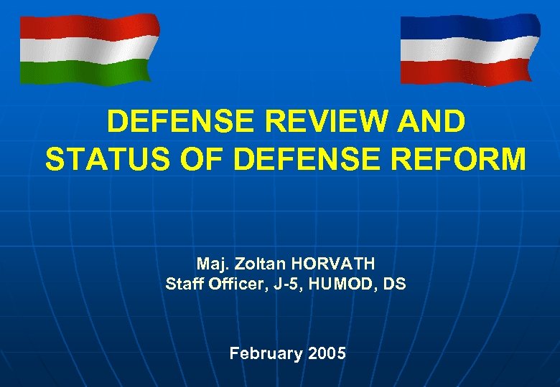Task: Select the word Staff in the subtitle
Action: click(x=185, y=284)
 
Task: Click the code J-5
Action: click(x=285, y=284)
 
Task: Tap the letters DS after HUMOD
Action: click(x=394, y=284)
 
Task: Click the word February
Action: click(x=266, y=353)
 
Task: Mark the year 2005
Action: click(x=326, y=353)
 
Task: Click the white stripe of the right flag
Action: click(x=467, y=49)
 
